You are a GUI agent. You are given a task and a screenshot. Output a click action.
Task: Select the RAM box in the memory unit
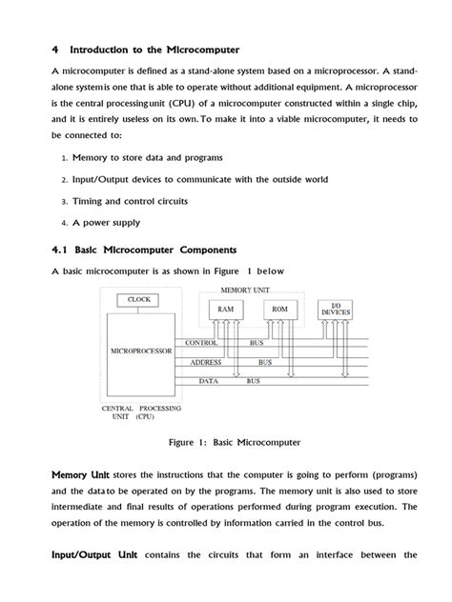pyautogui.click(x=225, y=310)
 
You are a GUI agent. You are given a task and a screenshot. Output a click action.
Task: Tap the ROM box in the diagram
pyautogui.click(x=279, y=310)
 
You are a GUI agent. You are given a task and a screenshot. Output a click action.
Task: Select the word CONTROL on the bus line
pyautogui.click(x=201, y=341)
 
